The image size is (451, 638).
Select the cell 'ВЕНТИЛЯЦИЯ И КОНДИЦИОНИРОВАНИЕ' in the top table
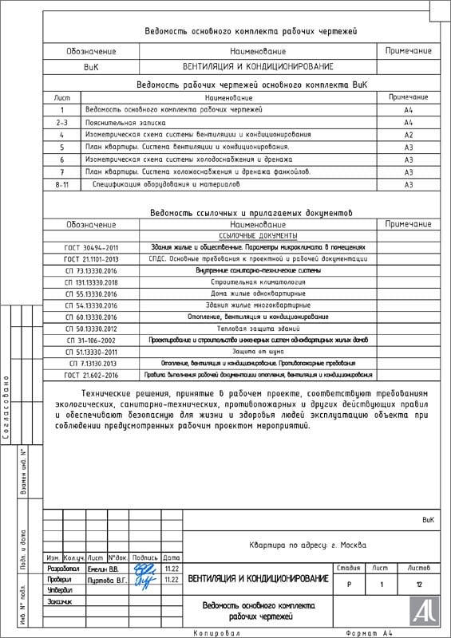click(x=257, y=66)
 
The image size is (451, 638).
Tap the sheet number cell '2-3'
click(x=61, y=123)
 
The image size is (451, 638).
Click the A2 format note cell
click(x=408, y=135)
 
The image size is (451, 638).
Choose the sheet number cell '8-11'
click(x=61, y=184)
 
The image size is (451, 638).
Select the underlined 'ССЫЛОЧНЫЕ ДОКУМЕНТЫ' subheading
click(x=257, y=236)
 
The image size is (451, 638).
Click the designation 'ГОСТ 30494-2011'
click(x=91, y=248)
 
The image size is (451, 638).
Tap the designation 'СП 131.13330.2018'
click(x=91, y=282)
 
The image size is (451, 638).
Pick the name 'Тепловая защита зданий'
click(x=257, y=329)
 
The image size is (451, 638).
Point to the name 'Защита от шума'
click(x=257, y=352)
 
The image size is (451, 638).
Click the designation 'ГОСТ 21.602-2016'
click(x=91, y=375)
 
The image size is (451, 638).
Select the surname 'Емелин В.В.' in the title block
click(x=101, y=569)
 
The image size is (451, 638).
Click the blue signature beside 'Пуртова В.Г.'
click(x=144, y=581)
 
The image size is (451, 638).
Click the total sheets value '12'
click(x=418, y=585)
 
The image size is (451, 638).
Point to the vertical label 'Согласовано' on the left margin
click(x=6, y=408)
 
